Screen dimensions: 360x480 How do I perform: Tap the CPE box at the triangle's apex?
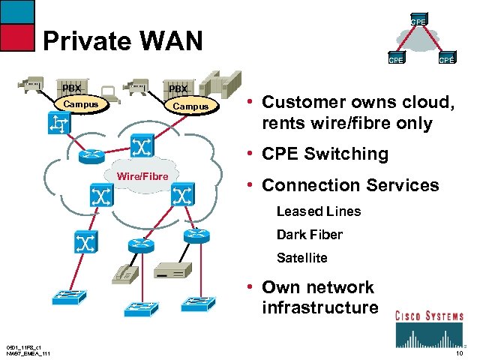[418, 22]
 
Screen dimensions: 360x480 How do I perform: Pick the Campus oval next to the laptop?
[190, 106]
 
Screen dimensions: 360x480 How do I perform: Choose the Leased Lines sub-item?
[318, 211]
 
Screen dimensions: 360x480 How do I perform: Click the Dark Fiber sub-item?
[309, 234]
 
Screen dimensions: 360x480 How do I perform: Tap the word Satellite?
[301, 257]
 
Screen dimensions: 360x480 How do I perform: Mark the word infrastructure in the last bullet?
[320, 307]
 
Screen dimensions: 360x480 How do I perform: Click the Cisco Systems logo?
[429, 328]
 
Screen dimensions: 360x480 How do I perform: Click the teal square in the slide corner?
[17, 10]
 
